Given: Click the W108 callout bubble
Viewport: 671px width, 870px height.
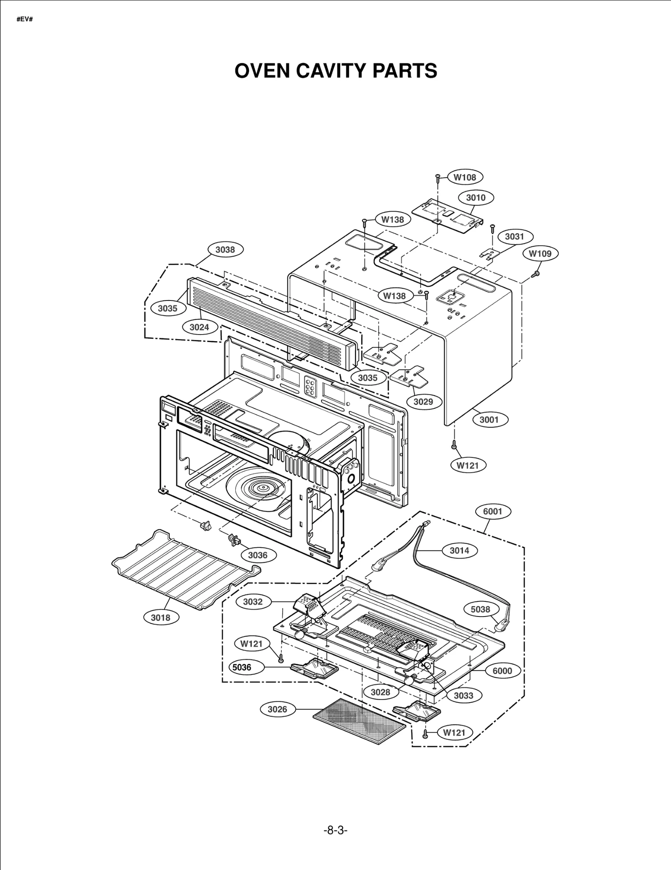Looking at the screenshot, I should point(465,177).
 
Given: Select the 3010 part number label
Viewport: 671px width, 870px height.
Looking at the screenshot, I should point(476,197).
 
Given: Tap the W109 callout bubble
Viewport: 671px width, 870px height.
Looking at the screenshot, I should point(540,253).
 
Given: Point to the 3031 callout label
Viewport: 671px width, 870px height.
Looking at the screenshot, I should point(514,237).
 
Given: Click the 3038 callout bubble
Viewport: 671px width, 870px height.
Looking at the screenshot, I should point(225,250).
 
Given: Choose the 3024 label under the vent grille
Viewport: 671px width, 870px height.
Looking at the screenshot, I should point(199,327).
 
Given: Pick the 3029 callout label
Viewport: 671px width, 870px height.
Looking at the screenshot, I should point(423,402).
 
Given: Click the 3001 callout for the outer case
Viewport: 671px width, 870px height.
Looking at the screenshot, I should point(489,419).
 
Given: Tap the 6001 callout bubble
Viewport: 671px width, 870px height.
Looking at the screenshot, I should point(492,511).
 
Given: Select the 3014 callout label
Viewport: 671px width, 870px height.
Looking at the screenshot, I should point(459,551).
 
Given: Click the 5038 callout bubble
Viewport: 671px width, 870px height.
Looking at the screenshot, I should point(480,609).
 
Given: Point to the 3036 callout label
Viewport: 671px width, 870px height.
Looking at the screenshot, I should point(257,555).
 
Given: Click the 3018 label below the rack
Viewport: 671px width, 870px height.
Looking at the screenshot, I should point(161,617).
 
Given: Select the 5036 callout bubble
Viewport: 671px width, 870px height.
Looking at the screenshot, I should point(242,667).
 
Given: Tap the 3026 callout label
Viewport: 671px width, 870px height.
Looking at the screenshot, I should point(277,709).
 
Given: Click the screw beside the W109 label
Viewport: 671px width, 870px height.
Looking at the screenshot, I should point(535,274).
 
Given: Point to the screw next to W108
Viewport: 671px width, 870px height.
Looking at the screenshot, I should point(437,178).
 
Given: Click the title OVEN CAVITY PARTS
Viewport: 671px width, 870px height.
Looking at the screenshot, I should point(335,71).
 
